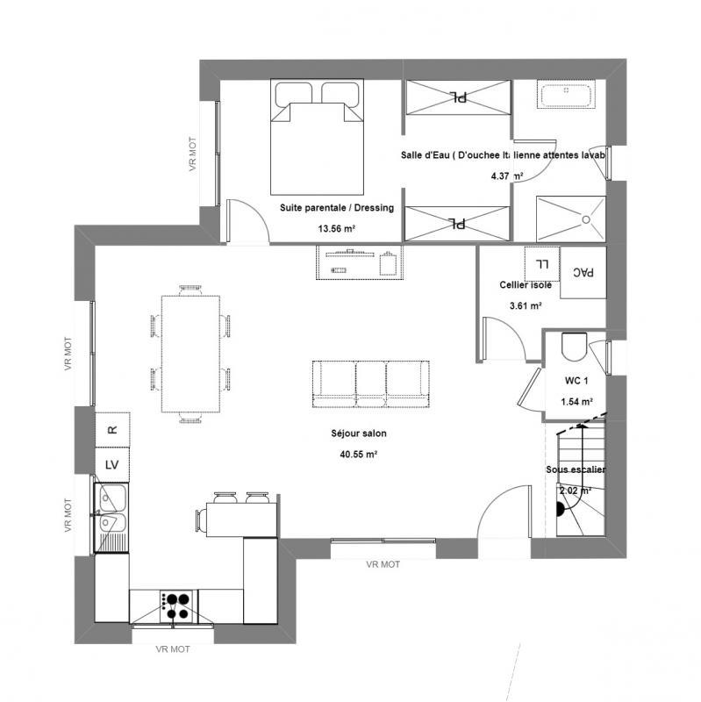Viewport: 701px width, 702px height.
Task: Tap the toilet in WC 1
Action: coord(575,347)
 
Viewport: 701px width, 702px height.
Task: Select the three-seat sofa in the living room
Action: coord(371,383)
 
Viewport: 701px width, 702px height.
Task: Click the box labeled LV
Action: coord(112,464)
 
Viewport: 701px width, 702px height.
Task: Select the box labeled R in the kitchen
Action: coord(112,430)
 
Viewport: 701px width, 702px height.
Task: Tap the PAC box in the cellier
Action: coord(583,274)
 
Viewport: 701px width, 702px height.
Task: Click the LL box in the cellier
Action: coord(540,262)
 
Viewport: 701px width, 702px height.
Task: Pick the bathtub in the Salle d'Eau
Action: coord(567,95)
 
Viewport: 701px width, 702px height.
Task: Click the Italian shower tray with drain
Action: coord(569,218)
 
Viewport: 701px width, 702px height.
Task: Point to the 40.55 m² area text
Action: coord(358,455)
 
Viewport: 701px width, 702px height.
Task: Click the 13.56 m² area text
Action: coord(336,228)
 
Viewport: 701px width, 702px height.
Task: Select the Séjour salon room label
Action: coord(358,433)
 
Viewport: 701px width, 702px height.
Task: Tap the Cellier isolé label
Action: coord(525,285)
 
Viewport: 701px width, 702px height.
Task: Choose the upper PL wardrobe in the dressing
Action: coord(457,97)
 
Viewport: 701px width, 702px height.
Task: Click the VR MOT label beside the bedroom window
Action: coord(194,154)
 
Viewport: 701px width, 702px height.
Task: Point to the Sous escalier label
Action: coord(576,470)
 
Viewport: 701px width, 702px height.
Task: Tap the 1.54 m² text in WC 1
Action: coord(576,402)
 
